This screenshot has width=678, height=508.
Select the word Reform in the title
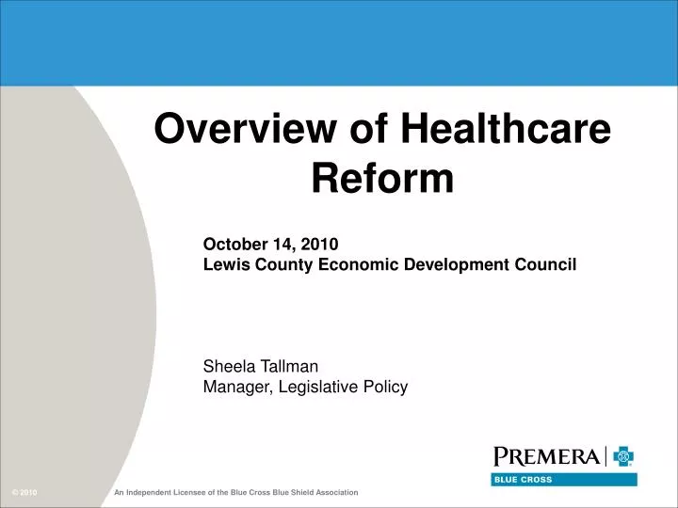(x=382, y=178)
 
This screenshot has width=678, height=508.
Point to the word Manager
(x=236, y=386)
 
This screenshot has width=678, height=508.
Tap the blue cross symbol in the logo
(x=623, y=457)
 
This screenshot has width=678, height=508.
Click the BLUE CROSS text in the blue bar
(x=524, y=480)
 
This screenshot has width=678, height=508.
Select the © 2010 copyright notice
(x=24, y=493)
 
